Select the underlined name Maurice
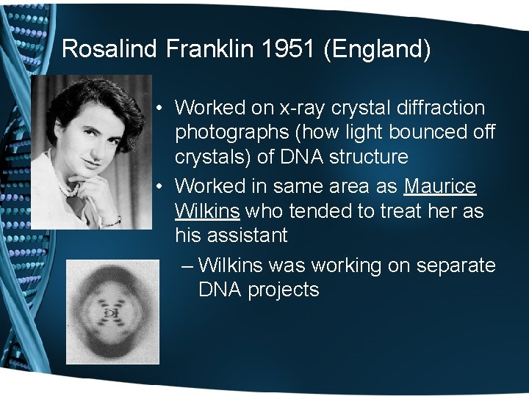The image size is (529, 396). point(440,186)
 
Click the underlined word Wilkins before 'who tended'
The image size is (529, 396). point(207,211)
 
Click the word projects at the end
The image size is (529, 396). point(283,290)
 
